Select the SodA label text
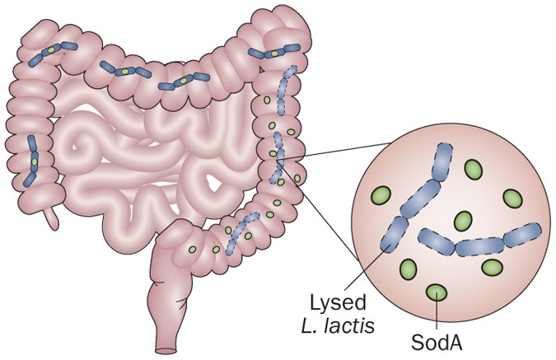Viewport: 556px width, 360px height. coord(435,339)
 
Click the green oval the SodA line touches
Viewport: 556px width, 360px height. coord(436,292)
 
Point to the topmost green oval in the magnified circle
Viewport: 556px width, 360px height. coord(473,169)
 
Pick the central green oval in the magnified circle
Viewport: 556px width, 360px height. coord(464,221)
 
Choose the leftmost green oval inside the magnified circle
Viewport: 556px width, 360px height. coord(381,196)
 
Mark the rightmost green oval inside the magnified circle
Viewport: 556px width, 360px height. coord(512,199)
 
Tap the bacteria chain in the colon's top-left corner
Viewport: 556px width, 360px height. coord(53,54)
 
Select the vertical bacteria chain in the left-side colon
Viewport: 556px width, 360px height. coord(33,159)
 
